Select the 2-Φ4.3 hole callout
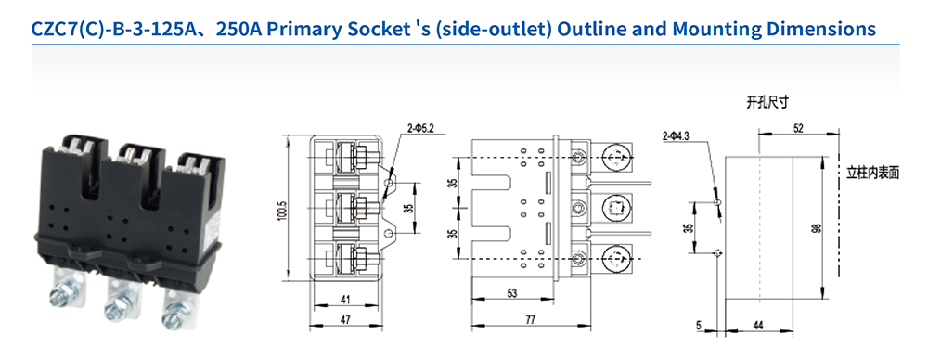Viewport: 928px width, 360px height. [676, 136]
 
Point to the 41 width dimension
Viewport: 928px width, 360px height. [345, 300]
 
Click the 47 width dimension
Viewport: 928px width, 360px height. [345, 320]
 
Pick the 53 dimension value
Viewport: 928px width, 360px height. [512, 292]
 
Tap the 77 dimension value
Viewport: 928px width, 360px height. [530, 320]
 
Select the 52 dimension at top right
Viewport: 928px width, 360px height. [798, 128]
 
